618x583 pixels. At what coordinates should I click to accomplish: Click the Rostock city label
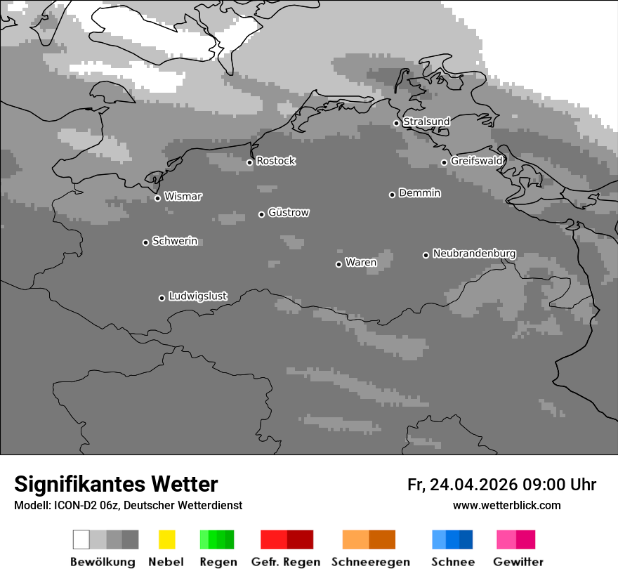276,161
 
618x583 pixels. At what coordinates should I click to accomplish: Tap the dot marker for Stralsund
396,123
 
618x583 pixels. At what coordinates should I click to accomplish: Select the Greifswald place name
477,161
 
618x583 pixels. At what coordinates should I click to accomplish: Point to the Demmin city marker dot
392,195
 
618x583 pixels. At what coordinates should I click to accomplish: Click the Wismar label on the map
183,197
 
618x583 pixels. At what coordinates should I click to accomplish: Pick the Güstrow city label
289,212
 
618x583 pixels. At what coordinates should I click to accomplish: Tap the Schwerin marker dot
145,242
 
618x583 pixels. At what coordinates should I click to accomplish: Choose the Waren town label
361,263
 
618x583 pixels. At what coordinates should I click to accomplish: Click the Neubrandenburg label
474,254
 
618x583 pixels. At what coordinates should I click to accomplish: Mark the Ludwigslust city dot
162,298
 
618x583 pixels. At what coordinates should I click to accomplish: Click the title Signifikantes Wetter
116,484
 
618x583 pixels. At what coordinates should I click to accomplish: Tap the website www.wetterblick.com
506,506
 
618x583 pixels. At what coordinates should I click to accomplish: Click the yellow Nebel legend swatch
166,539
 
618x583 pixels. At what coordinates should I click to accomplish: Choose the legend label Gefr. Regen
285,562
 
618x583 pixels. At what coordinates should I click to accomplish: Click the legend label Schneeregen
370,562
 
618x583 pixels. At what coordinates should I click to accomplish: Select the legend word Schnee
453,562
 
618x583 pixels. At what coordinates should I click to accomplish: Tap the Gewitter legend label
518,562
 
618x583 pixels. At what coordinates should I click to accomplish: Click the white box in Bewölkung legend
81,539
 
